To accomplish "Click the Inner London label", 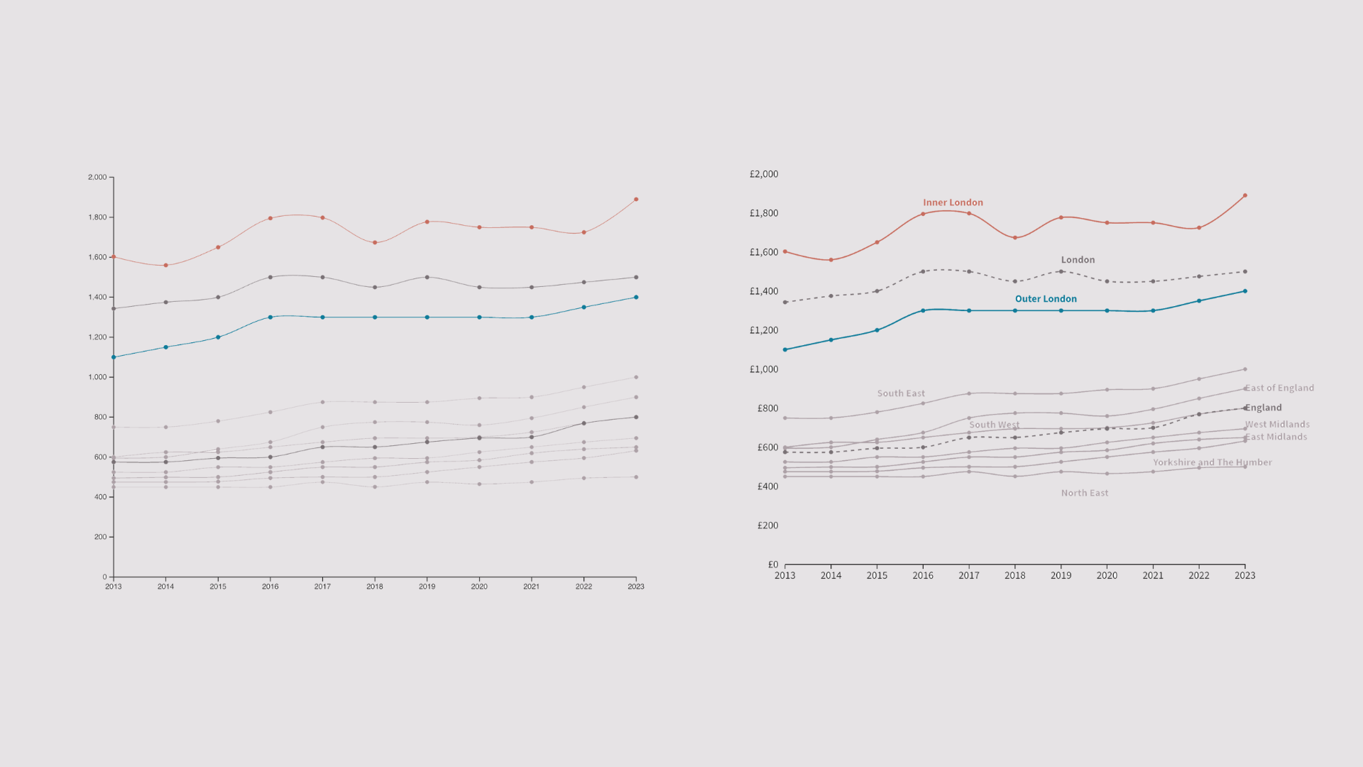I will point(953,202).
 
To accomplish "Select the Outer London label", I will point(1046,299).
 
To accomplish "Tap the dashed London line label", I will point(1078,260).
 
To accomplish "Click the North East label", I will point(1084,493).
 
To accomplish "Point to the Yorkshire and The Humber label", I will point(1212,462).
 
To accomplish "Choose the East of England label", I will point(1279,388).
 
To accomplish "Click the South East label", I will point(901,393).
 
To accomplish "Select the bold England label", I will point(1263,408).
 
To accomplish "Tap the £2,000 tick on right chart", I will point(764,174).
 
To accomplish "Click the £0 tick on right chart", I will point(773,565).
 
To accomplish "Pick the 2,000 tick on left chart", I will point(97,177).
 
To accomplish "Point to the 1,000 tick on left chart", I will point(97,377).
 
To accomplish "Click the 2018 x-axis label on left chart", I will point(374,587).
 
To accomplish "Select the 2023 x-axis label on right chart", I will point(1244,576).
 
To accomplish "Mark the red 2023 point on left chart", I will point(636,200).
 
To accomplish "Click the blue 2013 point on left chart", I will point(114,357).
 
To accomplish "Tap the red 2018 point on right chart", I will point(1015,238).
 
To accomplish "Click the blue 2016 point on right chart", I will point(923,310).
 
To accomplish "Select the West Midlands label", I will point(1277,425).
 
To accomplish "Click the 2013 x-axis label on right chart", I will point(784,576).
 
